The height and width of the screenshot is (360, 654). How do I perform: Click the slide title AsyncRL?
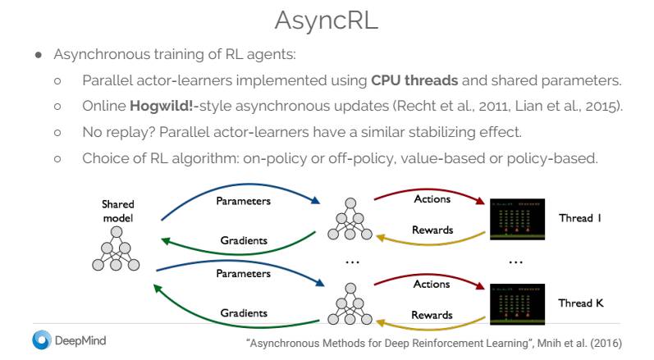[327, 21]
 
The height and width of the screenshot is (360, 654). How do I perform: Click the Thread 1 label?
[580, 218]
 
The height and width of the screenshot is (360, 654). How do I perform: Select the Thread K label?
[580, 303]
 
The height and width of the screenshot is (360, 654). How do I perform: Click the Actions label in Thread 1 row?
[432, 199]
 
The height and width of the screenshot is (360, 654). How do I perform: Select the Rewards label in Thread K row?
[432, 315]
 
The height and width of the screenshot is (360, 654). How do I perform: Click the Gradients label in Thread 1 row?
[244, 241]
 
